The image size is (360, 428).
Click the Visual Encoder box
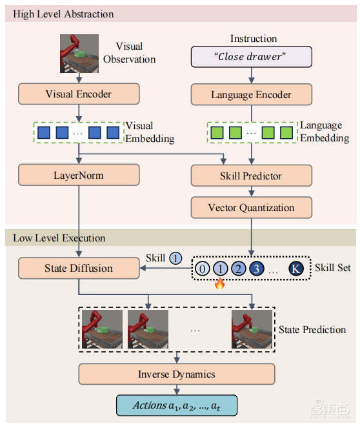pyautogui.click(x=78, y=94)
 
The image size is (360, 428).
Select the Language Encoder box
pyautogui.click(x=251, y=95)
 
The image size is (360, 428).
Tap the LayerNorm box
pyautogui.click(x=78, y=175)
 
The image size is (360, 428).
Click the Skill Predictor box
pyautogui.click(x=251, y=176)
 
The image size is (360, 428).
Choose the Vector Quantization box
pyautogui.click(x=251, y=208)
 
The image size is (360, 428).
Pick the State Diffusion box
pyautogui.click(x=78, y=268)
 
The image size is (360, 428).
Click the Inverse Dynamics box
pyautogui.click(x=177, y=374)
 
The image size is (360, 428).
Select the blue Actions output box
pyautogui.click(x=177, y=405)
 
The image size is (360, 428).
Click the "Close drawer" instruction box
pyautogui.click(x=248, y=57)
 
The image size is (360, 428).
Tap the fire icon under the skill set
pyautogui.click(x=219, y=283)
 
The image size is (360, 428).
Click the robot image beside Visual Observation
pyautogui.click(x=79, y=53)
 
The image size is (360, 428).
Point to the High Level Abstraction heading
pyautogui.click(x=63, y=14)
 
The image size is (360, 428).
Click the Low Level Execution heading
pyautogui.click(x=59, y=238)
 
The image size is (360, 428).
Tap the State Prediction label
pyautogui.click(x=312, y=330)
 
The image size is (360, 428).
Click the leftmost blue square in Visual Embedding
pyautogui.click(x=44, y=133)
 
